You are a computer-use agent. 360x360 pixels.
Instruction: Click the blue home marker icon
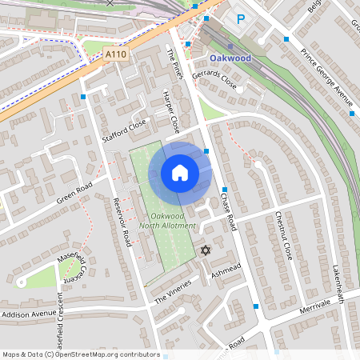tap(180, 172)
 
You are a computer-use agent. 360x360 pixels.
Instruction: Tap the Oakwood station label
tap(230, 58)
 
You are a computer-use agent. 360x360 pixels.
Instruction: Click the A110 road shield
tap(116, 54)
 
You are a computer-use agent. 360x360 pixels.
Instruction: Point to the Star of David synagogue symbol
tap(205, 250)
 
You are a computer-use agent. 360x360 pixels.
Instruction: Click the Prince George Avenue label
tap(326, 75)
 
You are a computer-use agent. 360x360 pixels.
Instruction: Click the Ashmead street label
tap(226, 270)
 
